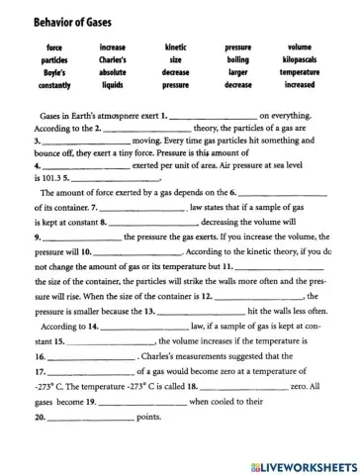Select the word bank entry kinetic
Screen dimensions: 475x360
pyautogui.click(x=175, y=47)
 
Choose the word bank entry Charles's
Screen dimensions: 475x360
pyautogui.click(x=112, y=60)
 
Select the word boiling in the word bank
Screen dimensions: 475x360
pyautogui.click(x=237, y=60)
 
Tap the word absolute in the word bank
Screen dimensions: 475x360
pyautogui.click(x=112, y=73)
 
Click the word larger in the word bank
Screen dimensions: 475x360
pyautogui.click(x=237, y=73)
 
